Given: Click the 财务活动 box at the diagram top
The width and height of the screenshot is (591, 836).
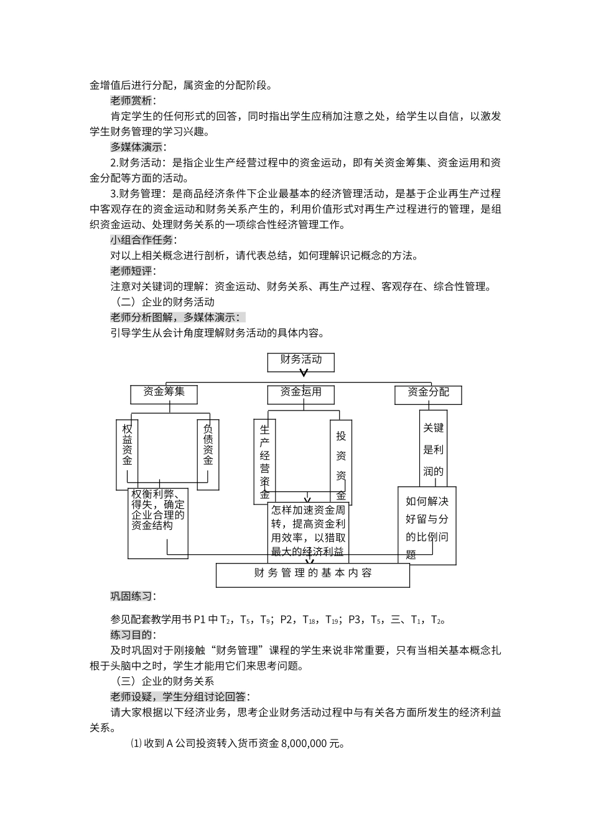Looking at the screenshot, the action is point(301,361).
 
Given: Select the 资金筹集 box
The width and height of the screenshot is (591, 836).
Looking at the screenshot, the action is point(164,394).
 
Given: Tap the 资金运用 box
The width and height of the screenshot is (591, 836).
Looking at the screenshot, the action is point(301,394).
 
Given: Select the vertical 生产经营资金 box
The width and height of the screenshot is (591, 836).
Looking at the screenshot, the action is point(265,460).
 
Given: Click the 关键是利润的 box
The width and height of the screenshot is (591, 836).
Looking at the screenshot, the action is point(434,448).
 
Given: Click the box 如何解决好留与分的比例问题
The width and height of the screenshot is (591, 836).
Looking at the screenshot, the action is point(427,526).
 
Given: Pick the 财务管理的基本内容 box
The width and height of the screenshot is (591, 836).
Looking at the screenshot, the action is point(313,574).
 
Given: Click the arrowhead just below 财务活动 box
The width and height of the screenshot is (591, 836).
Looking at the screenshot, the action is point(304,373).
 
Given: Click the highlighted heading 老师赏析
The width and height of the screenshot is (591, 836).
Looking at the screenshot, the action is point(133,101).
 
